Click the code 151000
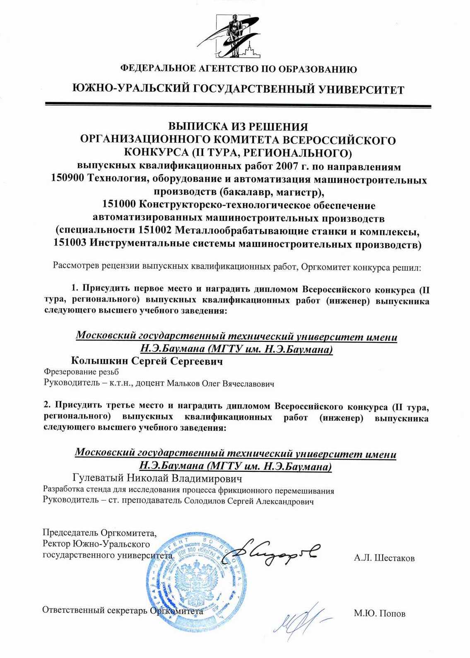coord(119,205)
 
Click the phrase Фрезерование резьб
coord(81,372)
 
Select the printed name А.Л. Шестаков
coord(384,558)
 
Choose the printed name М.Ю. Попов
coord(379,614)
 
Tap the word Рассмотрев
coord(75,266)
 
